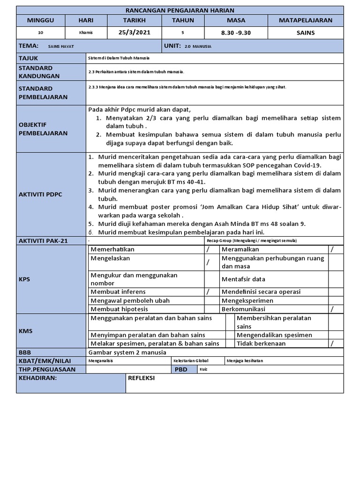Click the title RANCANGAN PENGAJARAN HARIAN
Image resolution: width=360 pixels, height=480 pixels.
180,10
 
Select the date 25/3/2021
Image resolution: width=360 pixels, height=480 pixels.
135,32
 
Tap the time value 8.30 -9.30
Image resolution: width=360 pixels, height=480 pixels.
236,32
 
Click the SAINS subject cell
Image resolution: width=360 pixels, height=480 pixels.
306,32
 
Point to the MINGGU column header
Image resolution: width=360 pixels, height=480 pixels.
40,20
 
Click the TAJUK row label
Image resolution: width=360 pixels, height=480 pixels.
29,58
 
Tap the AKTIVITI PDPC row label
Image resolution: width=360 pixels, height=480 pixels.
41,194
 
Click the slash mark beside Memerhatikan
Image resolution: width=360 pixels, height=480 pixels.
208,249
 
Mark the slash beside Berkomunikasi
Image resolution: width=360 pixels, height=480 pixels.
332,309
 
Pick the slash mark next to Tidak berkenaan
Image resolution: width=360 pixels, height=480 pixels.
332,343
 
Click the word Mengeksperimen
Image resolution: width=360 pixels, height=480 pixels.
247,300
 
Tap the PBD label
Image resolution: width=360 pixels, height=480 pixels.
181,369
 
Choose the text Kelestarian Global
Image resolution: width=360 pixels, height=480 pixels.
191,361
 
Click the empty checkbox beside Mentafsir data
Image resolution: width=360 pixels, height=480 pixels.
335,279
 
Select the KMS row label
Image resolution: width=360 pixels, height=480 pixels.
25,330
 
